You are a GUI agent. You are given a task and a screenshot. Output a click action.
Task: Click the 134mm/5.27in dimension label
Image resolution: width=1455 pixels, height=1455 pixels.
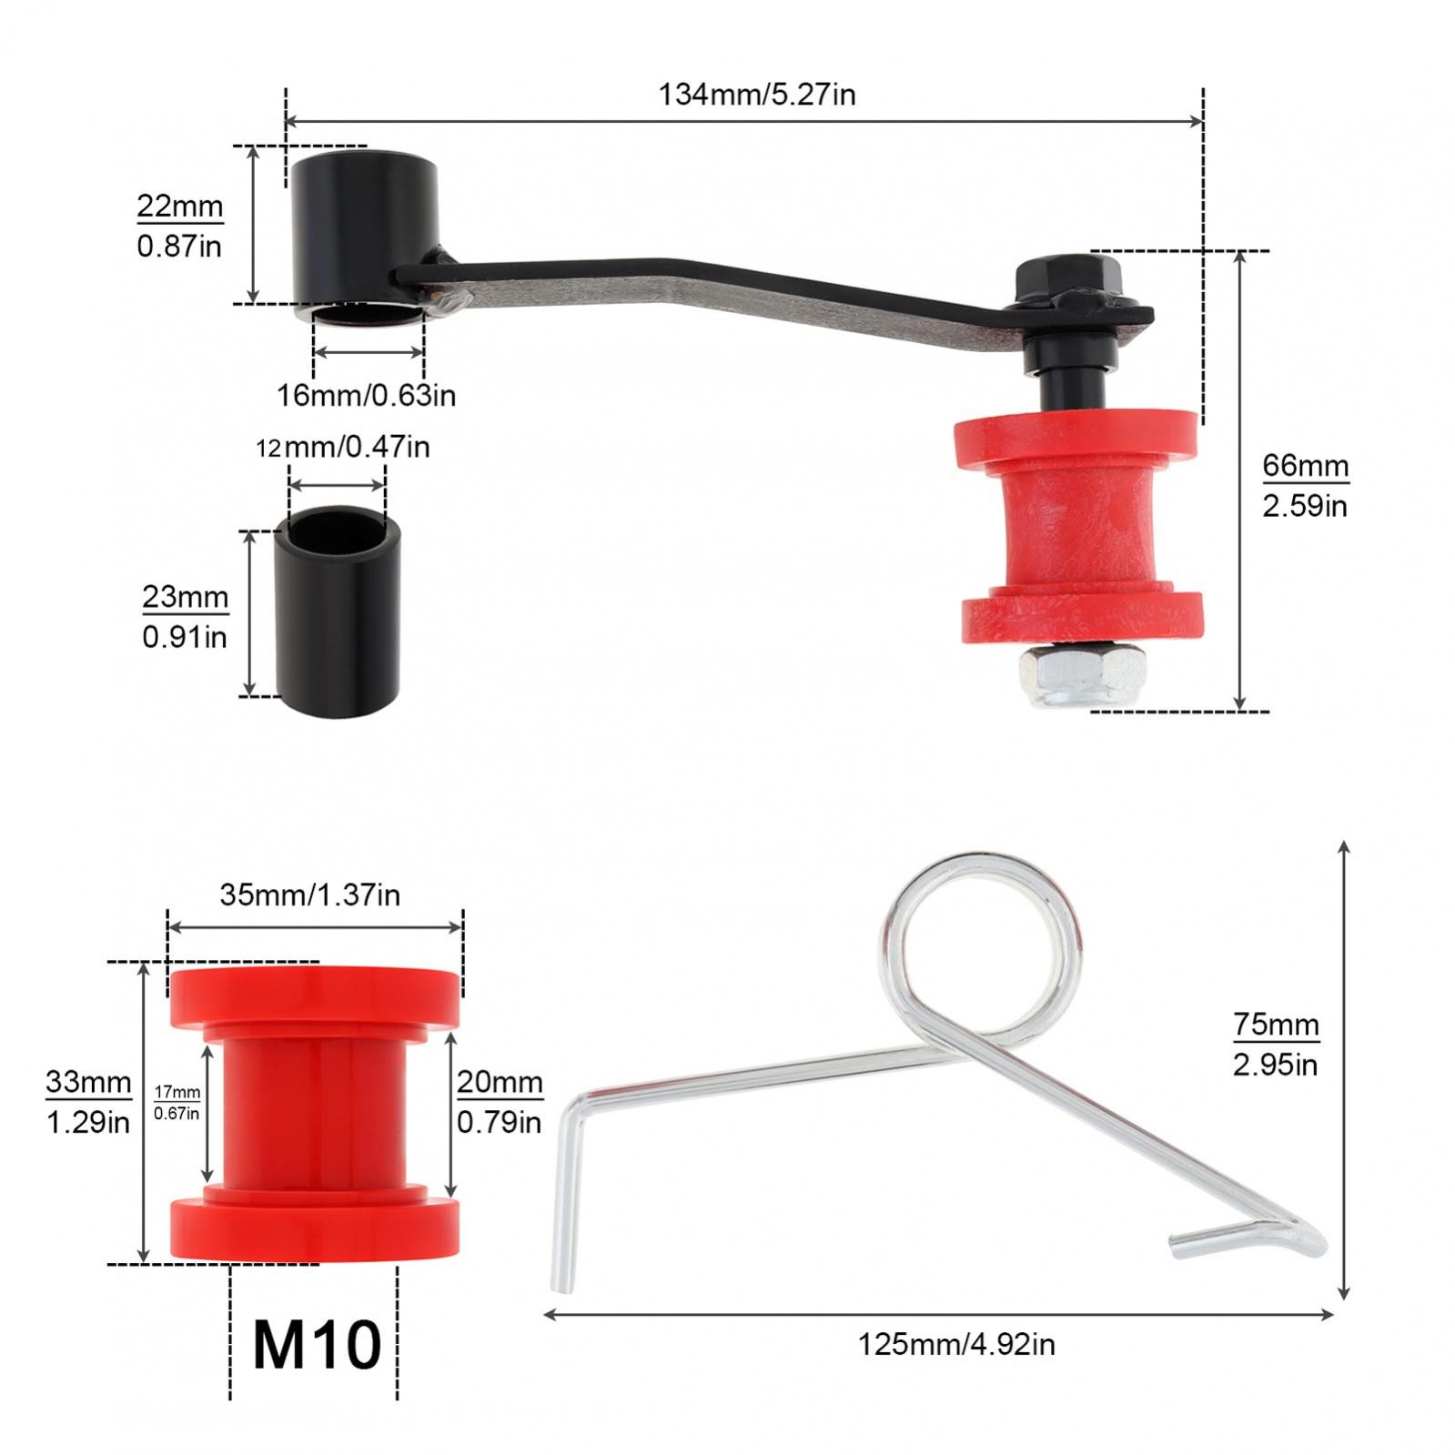(757, 95)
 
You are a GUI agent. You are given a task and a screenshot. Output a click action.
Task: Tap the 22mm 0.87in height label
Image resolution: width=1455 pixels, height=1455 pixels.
(180, 226)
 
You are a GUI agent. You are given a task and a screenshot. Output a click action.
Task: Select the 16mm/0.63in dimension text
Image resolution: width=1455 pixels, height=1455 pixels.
(367, 395)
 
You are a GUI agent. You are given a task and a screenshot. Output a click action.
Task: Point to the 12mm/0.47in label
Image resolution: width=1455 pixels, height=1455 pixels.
(343, 447)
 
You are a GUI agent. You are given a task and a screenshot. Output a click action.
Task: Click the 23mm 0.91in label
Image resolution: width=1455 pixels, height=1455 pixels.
(185, 617)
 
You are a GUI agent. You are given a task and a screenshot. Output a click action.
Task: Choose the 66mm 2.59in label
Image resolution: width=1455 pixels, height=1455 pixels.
(1305, 485)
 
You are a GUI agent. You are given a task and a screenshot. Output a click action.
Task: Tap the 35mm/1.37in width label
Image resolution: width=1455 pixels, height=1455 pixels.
(310, 894)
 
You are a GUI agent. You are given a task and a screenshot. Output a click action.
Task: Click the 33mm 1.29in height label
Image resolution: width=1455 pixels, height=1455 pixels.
(89, 1102)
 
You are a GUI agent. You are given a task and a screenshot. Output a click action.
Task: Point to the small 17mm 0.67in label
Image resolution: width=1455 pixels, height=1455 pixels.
(177, 1102)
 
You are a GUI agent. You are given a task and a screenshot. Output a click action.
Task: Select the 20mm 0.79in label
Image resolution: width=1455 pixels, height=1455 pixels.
(500, 1102)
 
